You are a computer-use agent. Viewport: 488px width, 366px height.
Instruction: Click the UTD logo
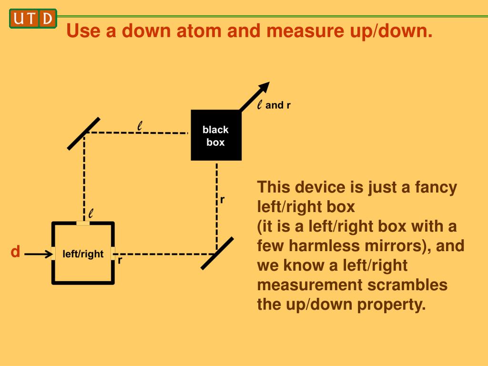click(x=32, y=19)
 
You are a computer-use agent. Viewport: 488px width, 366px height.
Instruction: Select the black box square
click(x=216, y=135)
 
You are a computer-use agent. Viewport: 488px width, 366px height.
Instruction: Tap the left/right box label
click(x=83, y=254)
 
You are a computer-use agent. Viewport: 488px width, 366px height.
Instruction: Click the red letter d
click(x=15, y=252)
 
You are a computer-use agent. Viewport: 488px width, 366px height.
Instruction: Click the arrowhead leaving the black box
click(x=263, y=89)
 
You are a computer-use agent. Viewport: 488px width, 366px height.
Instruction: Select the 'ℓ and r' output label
click(x=274, y=105)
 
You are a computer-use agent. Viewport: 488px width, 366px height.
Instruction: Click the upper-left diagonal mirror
click(x=84, y=133)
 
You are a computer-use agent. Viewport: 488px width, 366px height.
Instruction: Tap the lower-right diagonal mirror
click(x=217, y=254)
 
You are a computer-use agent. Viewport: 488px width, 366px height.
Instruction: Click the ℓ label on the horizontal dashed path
click(x=140, y=126)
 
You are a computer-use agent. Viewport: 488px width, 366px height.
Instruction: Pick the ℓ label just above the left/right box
click(x=91, y=213)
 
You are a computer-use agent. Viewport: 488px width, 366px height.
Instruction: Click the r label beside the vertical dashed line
click(x=222, y=200)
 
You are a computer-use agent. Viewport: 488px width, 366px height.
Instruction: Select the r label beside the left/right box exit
click(x=120, y=261)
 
